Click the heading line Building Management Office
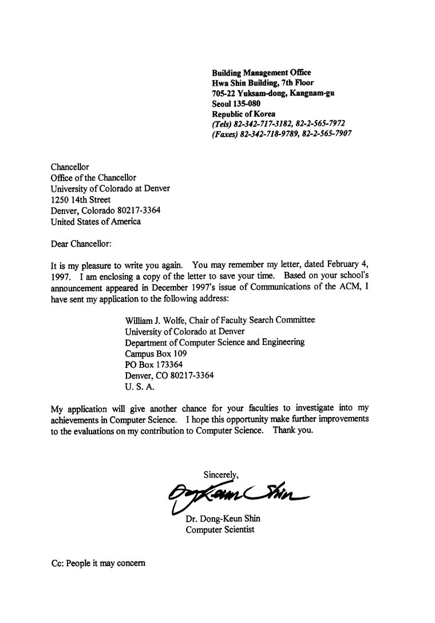coord(262,73)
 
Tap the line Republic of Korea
coord(243,114)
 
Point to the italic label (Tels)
coord(222,124)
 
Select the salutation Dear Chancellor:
coord(81,243)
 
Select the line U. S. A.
coord(140,387)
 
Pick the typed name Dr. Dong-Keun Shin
coord(223,519)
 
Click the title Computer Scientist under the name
coord(220,530)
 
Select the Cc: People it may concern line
coord(98,563)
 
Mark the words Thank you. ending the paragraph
coord(293,430)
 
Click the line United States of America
coord(96,221)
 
